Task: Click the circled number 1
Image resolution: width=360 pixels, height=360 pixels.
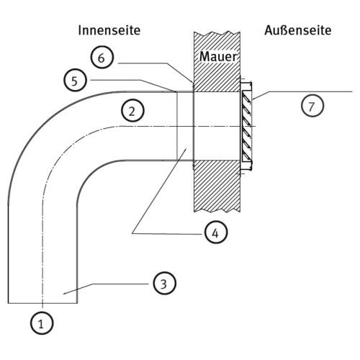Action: click(42, 323)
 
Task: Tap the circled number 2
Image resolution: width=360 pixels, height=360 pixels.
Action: click(132, 111)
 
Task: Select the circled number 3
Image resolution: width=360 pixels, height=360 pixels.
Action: click(165, 283)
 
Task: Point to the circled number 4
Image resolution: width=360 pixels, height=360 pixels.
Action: click(216, 233)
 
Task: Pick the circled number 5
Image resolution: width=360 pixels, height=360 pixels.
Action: click(75, 80)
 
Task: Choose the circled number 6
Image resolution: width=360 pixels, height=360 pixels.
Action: click(102, 58)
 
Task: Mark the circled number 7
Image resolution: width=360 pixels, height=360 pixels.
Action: click(312, 106)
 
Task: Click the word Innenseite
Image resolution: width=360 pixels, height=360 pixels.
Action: click(109, 30)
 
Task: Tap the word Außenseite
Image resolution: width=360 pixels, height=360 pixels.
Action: click(298, 30)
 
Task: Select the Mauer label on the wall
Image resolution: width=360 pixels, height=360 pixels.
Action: click(218, 57)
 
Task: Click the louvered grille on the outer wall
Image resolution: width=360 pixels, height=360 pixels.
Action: click(247, 126)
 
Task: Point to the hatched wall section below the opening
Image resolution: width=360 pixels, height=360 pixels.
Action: click(217, 186)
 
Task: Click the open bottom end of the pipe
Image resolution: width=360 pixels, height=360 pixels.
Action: click(42, 303)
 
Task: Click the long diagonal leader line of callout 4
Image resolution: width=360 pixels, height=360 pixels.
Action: click(159, 191)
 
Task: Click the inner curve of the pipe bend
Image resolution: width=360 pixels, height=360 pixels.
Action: click(91, 171)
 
